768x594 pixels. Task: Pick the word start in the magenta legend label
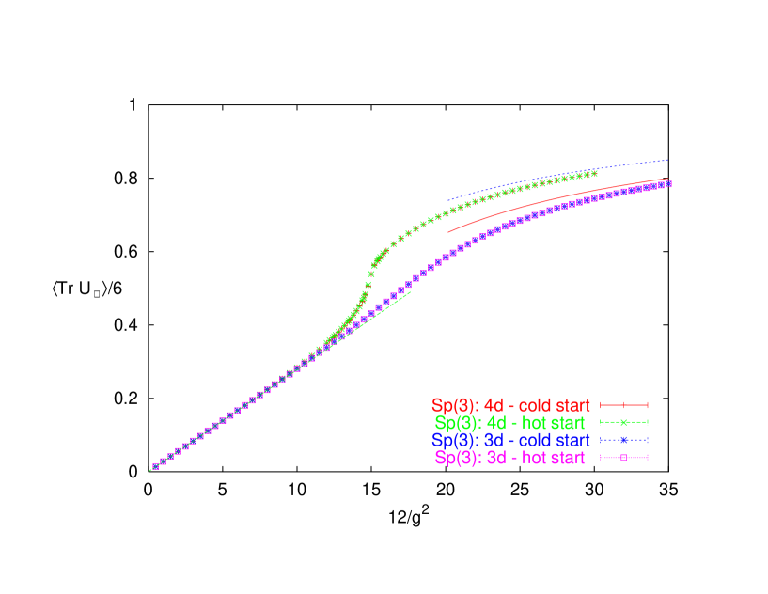[567, 458]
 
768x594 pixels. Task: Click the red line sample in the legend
[623, 406]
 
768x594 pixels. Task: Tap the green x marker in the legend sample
[623, 423]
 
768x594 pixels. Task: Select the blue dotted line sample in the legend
[623, 440]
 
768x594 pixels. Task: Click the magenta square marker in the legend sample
[623, 458]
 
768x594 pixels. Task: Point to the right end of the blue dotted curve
[668, 160]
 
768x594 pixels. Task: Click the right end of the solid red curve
[668, 179]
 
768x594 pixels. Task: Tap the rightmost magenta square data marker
[668, 184]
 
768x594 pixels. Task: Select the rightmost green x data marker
[594, 173]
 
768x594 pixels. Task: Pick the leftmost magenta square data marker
[155, 466]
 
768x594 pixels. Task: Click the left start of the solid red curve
[448, 230]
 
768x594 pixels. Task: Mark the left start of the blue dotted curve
[448, 201]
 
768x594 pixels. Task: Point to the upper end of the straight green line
[410, 292]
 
